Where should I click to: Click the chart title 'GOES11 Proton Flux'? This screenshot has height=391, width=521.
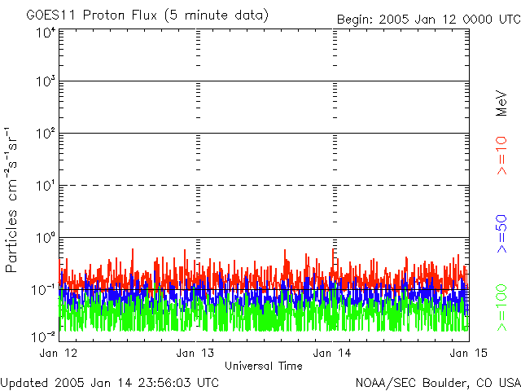[91, 15]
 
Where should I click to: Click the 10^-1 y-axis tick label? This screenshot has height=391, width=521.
[44, 290]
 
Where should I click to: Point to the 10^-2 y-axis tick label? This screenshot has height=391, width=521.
[44, 336]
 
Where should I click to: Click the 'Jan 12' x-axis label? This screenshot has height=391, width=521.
[59, 353]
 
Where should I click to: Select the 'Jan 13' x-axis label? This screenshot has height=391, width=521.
[195, 353]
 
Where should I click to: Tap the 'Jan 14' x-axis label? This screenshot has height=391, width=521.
[332, 353]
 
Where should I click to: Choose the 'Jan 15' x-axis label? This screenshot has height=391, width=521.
[469, 353]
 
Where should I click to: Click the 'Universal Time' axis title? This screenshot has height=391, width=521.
[264, 366]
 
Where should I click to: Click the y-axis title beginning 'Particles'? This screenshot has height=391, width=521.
[11, 200]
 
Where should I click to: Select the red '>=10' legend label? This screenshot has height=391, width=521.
[501, 156]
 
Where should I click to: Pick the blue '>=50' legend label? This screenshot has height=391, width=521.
[501, 234]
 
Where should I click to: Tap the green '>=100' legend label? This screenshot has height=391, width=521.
[501, 308]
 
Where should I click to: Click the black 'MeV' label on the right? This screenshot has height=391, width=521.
[501, 103]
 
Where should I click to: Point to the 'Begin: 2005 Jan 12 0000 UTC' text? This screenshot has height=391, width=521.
[429, 20]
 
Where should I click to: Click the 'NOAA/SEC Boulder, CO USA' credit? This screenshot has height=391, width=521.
[438, 383]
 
